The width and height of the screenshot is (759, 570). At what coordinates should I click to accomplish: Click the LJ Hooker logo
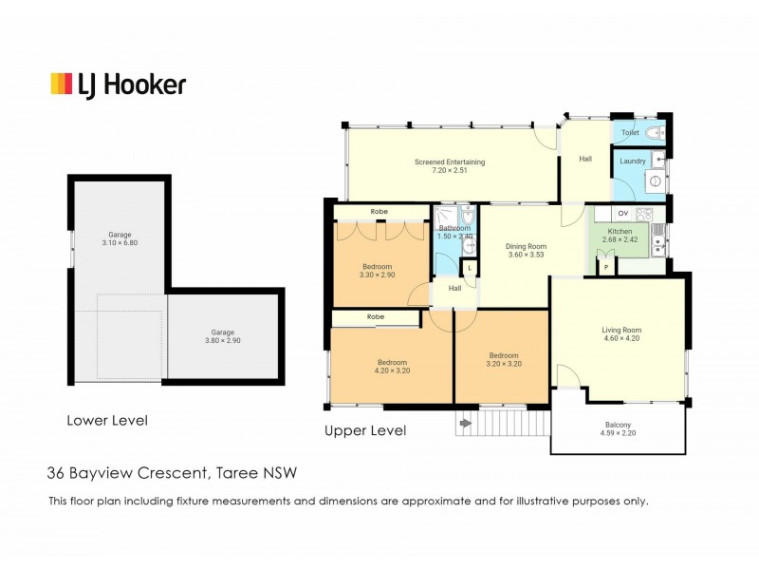coord(119,85)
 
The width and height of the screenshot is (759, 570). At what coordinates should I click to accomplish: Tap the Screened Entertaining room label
coord(450,161)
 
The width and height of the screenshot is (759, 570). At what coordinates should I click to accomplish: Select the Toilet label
coord(630,132)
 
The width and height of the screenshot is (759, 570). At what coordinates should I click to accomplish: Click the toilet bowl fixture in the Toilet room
coord(657,133)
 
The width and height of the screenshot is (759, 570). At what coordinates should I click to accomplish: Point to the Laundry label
coord(633,161)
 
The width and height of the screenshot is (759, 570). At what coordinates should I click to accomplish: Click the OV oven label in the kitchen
coord(623,213)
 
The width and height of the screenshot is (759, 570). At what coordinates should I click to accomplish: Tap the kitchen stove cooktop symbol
coord(644,214)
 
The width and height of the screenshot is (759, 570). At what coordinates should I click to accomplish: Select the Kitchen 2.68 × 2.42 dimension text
coord(620,239)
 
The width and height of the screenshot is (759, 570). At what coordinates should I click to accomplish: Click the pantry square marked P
coord(606,267)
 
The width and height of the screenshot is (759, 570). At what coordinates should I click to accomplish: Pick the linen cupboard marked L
coord(470,268)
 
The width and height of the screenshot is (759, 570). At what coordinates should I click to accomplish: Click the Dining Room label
coord(527,246)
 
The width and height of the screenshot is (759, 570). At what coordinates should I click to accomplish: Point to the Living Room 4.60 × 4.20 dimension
coord(621,338)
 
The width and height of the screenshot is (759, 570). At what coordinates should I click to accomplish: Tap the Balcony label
coord(619,425)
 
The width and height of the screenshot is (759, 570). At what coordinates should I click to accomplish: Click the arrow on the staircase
coord(465,424)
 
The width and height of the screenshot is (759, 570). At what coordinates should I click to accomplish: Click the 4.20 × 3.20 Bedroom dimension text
coord(392,370)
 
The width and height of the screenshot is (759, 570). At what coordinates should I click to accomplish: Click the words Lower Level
coord(107,420)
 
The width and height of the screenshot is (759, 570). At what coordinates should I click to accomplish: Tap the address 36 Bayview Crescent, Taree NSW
coord(172,472)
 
